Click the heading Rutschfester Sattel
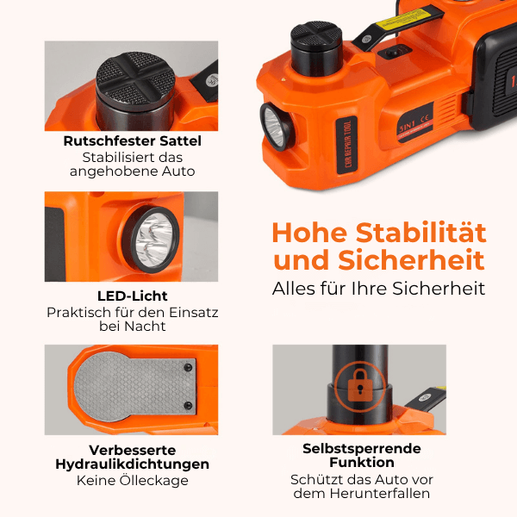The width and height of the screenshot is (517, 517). click(x=132, y=141)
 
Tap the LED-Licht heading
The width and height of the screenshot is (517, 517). click(x=132, y=296)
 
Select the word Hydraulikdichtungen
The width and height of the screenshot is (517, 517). click(x=132, y=464)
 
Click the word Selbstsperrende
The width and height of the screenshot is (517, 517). click(x=362, y=449)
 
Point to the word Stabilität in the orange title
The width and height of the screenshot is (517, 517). click(x=421, y=233)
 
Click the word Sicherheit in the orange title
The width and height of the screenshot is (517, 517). click(x=412, y=260)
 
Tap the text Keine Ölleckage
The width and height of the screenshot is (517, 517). click(x=132, y=481)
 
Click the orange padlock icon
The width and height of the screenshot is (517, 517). click(x=360, y=385)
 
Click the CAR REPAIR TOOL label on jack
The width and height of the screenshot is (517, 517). click(x=347, y=145)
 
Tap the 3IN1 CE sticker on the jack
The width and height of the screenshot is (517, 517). click(x=415, y=122)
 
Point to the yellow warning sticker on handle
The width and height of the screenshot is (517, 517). click(x=402, y=20)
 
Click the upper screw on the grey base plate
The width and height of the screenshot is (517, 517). click(x=188, y=367)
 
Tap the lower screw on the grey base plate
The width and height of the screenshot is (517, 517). click(x=188, y=405)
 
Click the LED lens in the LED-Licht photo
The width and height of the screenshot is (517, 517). click(x=153, y=240)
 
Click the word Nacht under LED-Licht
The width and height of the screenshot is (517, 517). click(x=145, y=327)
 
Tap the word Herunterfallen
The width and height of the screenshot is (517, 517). click(x=380, y=494)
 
